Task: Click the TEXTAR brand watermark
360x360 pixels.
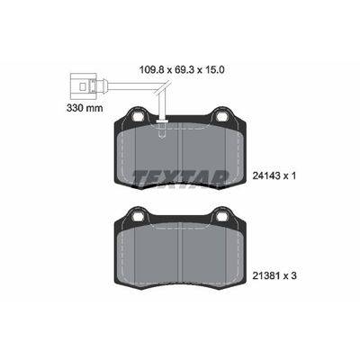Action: coord(181,176)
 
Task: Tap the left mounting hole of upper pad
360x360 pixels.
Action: coord(137,116)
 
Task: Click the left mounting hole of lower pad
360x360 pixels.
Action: coord(137,215)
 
